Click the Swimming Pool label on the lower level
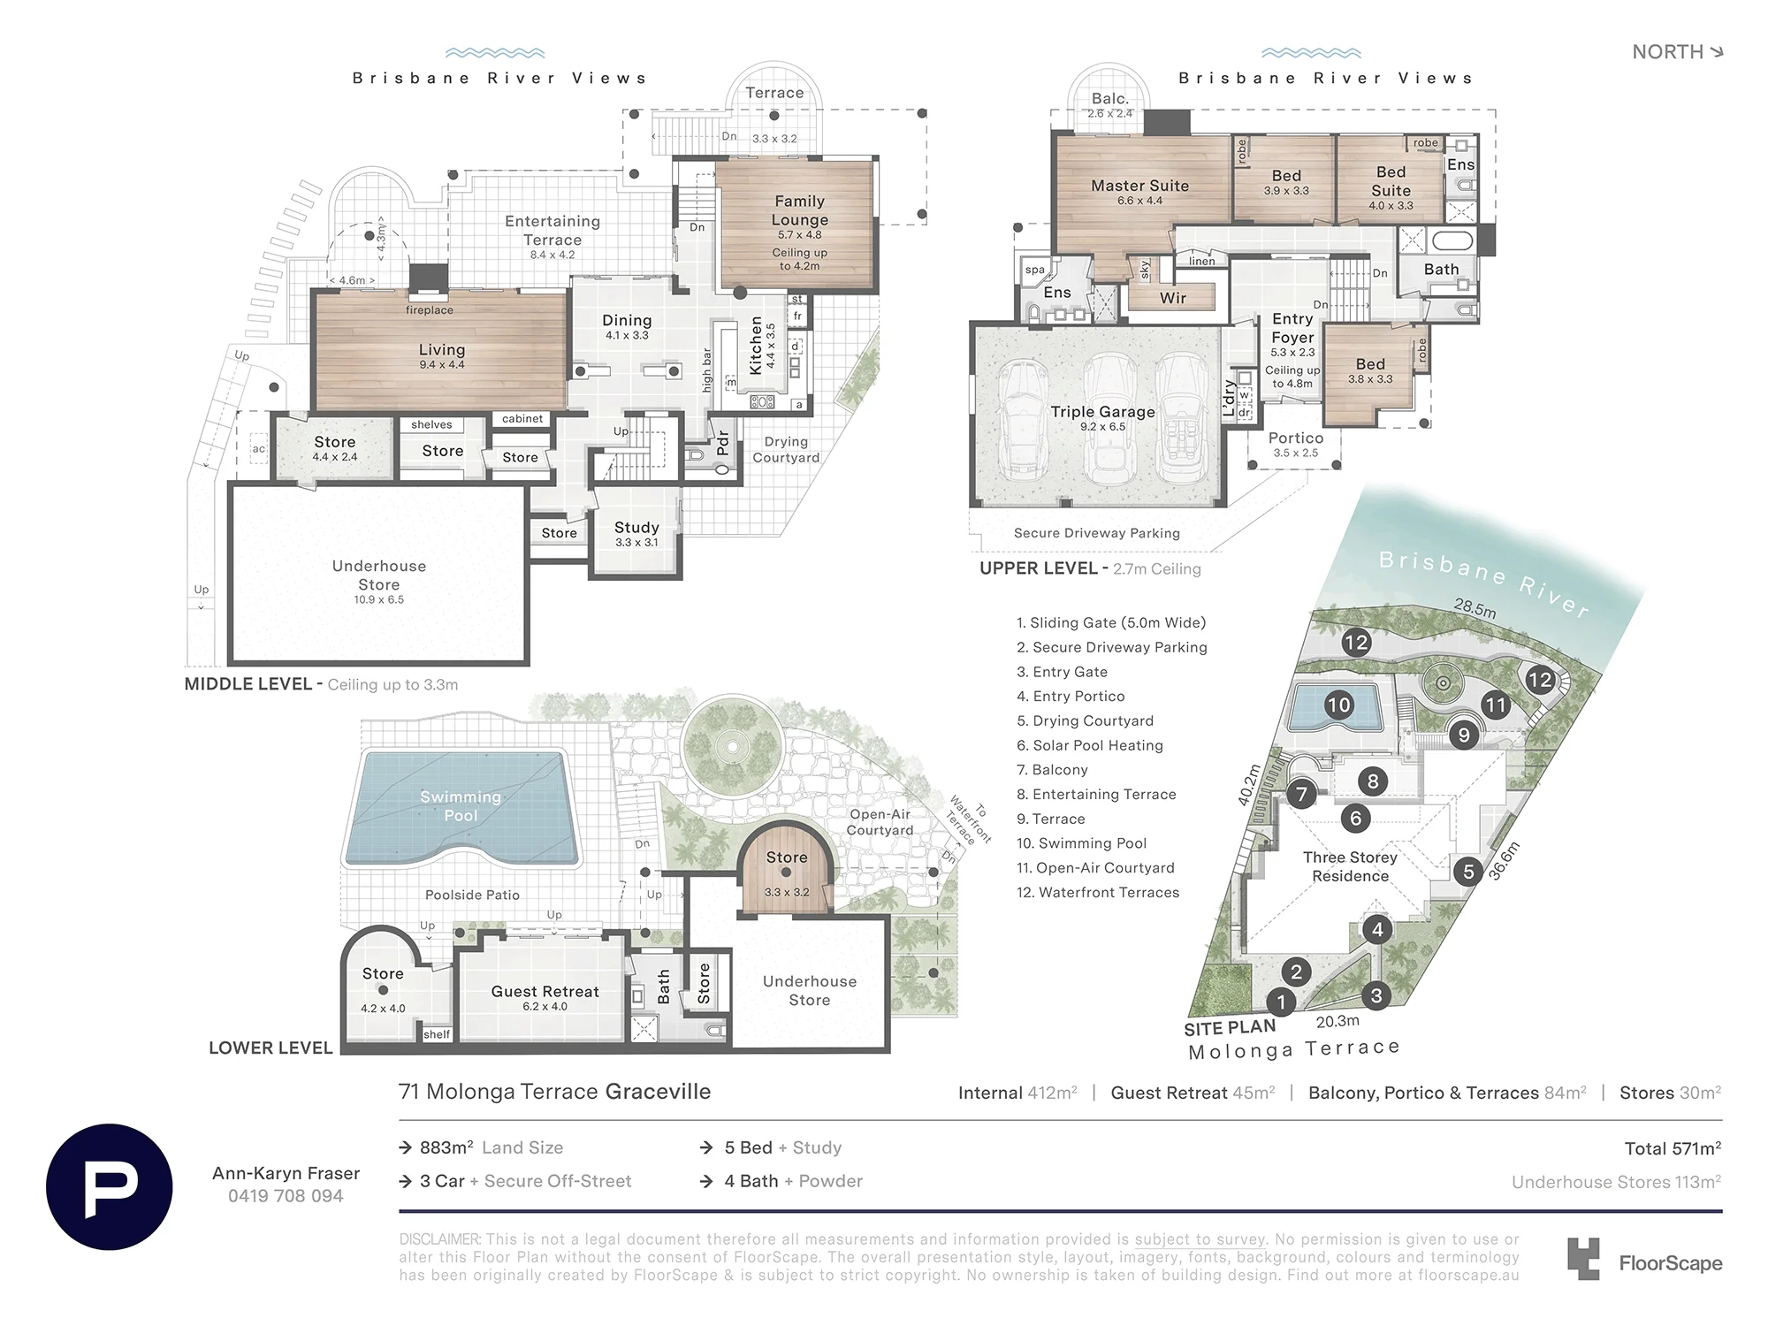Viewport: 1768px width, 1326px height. (461, 806)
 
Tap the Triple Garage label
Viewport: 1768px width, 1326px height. (1102, 412)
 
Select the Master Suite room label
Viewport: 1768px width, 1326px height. (1139, 186)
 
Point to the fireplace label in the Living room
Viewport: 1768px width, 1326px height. (430, 310)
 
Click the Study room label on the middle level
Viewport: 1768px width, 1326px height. (636, 528)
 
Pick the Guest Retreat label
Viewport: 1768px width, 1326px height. (545, 992)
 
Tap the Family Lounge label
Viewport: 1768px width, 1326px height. (800, 210)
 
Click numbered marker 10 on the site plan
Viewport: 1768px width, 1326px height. (1338, 705)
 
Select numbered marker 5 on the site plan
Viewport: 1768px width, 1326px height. (1468, 872)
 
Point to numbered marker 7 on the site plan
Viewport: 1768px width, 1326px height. (1301, 794)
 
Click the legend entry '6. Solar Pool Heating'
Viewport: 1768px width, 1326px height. (1089, 745)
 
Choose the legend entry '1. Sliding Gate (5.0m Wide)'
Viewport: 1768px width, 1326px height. (1111, 622)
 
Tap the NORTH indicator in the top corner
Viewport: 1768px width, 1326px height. (1678, 52)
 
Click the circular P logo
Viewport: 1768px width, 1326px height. (110, 1186)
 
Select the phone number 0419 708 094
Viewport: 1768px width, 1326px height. (286, 1196)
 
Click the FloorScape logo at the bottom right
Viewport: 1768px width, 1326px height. (1645, 1261)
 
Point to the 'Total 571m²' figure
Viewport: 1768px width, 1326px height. (1673, 1148)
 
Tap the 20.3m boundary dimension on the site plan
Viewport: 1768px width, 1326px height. (1337, 1021)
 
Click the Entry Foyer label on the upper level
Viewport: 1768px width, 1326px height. (1292, 328)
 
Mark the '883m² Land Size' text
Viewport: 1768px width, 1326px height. (492, 1147)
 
